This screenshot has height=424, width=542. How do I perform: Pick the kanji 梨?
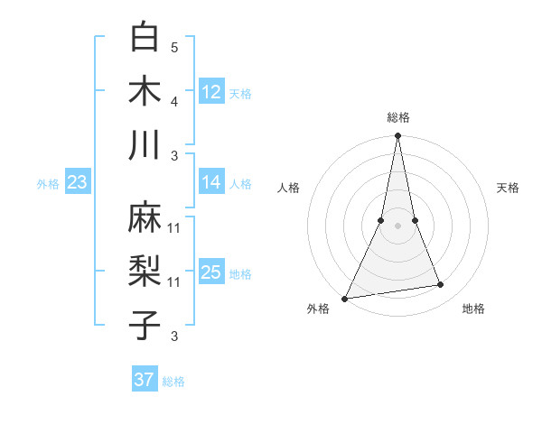point(145,272)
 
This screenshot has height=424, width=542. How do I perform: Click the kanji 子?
point(145,326)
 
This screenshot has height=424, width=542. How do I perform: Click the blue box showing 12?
point(211,91)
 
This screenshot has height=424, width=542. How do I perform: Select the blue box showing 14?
point(211,182)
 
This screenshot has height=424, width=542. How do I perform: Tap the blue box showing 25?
point(211,272)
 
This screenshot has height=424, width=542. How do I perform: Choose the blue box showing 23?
point(77,182)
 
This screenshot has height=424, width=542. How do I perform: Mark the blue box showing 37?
point(145,380)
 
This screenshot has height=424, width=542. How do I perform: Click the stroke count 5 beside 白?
point(174,47)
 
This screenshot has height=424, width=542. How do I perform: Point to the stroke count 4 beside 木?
point(174,101)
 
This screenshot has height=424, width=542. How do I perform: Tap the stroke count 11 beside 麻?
point(174,228)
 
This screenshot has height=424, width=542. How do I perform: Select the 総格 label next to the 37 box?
point(173,382)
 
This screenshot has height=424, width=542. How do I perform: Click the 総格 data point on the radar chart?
point(397,136)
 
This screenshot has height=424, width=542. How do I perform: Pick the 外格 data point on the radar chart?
point(345,298)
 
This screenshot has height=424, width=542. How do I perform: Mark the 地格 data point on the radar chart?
point(441,285)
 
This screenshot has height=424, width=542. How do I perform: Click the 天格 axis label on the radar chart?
point(509,188)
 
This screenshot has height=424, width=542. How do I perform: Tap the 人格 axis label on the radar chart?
point(288,188)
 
